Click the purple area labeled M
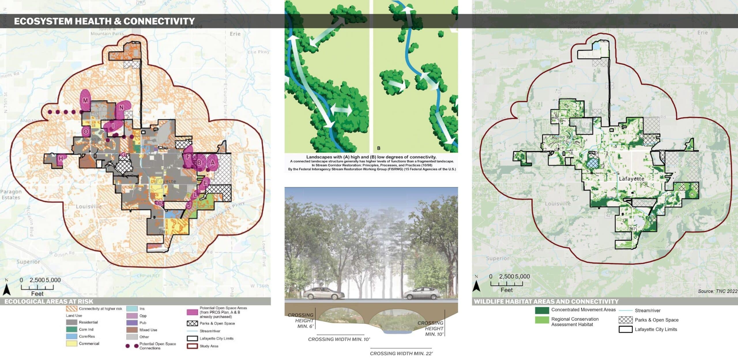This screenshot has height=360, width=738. coord(85,101)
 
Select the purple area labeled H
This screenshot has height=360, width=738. coord(61,158)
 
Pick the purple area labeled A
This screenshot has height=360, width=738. coord(212,163)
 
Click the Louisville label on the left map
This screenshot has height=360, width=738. coord(89,207)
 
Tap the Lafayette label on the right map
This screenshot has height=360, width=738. coord(631,179)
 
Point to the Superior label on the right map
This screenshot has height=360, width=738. coord(498,258)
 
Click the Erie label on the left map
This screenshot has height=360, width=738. coord(235,34)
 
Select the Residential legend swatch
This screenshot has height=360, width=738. coord(71,322)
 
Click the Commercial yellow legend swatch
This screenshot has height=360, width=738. coord(71,344)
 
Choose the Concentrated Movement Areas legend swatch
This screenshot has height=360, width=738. coord(542,310)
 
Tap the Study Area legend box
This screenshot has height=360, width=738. coord(192,346)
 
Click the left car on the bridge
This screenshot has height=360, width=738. coord(325,294)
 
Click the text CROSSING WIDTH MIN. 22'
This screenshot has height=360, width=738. coord(401,353)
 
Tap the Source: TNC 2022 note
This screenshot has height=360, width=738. coord(718,291)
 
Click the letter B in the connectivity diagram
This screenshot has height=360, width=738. coord(379,148)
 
